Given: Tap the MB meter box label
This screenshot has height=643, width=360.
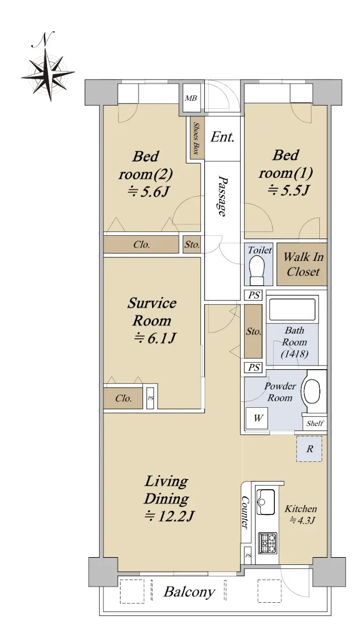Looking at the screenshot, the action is click(191, 99).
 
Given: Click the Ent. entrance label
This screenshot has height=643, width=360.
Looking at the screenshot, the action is click(222, 137).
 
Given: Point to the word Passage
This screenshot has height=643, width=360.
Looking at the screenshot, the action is click(222, 196).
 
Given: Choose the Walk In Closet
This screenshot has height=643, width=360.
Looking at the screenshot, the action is click(302, 264).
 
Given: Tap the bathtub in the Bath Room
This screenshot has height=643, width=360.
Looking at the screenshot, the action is click(292, 310).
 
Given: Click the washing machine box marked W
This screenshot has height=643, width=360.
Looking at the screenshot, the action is click(257, 418).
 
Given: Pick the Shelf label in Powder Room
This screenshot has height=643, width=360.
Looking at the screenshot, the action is click(315, 423).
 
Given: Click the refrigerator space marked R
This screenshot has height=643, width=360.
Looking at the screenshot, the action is click(309, 449).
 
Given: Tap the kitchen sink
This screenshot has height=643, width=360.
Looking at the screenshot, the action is click(265, 502).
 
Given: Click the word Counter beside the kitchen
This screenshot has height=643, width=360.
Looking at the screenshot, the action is click(245, 512).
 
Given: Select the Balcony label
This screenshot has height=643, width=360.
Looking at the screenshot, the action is click(189, 592).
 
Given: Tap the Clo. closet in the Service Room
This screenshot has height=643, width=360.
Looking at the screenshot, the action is click(123, 398).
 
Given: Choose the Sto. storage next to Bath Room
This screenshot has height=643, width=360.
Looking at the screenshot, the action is click(253, 332).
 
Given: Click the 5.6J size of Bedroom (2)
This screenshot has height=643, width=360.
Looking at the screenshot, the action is click(148, 192).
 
